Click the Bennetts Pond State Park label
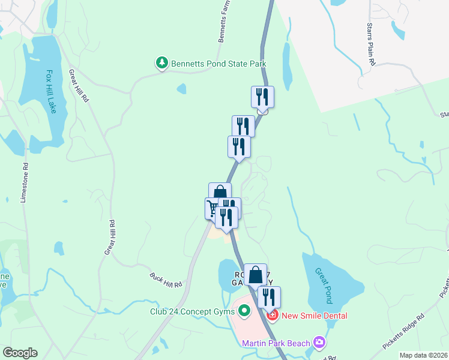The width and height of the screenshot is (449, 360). (218, 63)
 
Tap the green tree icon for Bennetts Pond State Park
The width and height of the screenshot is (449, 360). (161, 62)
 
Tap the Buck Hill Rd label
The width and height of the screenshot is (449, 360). (166, 280)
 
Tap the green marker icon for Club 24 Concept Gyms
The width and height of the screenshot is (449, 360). (244, 311)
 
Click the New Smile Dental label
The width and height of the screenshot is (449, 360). (315, 315)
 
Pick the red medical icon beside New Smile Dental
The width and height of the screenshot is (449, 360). (273, 315)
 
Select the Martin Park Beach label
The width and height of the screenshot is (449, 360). (276, 343)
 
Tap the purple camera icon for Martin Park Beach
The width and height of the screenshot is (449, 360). (320, 343)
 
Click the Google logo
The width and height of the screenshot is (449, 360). (20, 353)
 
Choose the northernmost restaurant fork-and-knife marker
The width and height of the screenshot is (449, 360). (262, 97)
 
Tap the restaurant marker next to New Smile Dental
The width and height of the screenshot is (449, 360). (269, 297)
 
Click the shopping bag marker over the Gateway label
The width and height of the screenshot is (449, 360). (255, 274)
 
